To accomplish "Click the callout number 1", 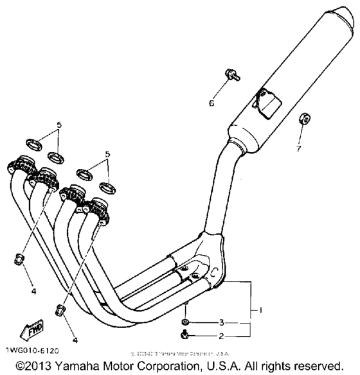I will (x=261, y=310).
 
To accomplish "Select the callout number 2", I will (x=222, y=335).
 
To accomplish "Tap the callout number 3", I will (x=222, y=321).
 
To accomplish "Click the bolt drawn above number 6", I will (x=232, y=75).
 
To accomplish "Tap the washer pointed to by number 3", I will (x=185, y=321).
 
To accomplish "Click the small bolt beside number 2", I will (x=185, y=334).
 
